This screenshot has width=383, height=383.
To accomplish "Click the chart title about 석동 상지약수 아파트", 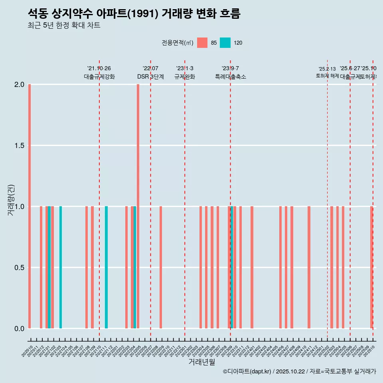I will click(x=134, y=14).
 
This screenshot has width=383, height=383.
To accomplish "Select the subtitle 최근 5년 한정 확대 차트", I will click(x=64, y=26).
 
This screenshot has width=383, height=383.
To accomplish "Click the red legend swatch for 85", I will click(x=202, y=43).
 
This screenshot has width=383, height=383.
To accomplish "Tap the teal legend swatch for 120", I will click(x=225, y=43).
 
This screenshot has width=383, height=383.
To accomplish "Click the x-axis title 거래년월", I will click(x=201, y=362).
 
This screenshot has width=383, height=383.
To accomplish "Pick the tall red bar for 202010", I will click(x=30, y=206).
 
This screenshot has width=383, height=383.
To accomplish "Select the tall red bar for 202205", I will click(x=138, y=206).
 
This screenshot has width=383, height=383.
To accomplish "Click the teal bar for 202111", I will click(x=107, y=267).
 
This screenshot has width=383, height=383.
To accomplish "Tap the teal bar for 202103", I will click(x=61, y=267).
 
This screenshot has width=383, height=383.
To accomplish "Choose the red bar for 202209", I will click(x=161, y=267).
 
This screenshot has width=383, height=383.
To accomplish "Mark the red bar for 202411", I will click(x=309, y=267).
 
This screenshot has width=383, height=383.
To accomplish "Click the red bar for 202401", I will click(x=252, y=267).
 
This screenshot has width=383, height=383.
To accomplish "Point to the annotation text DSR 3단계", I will click(x=150, y=77).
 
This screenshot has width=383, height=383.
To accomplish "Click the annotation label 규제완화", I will click(x=185, y=77).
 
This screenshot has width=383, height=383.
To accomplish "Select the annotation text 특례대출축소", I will click(x=230, y=77).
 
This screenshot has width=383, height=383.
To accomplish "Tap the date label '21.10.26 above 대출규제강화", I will click(x=99, y=68).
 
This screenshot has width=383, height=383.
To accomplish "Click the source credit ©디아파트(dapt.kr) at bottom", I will click(x=247, y=371).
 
